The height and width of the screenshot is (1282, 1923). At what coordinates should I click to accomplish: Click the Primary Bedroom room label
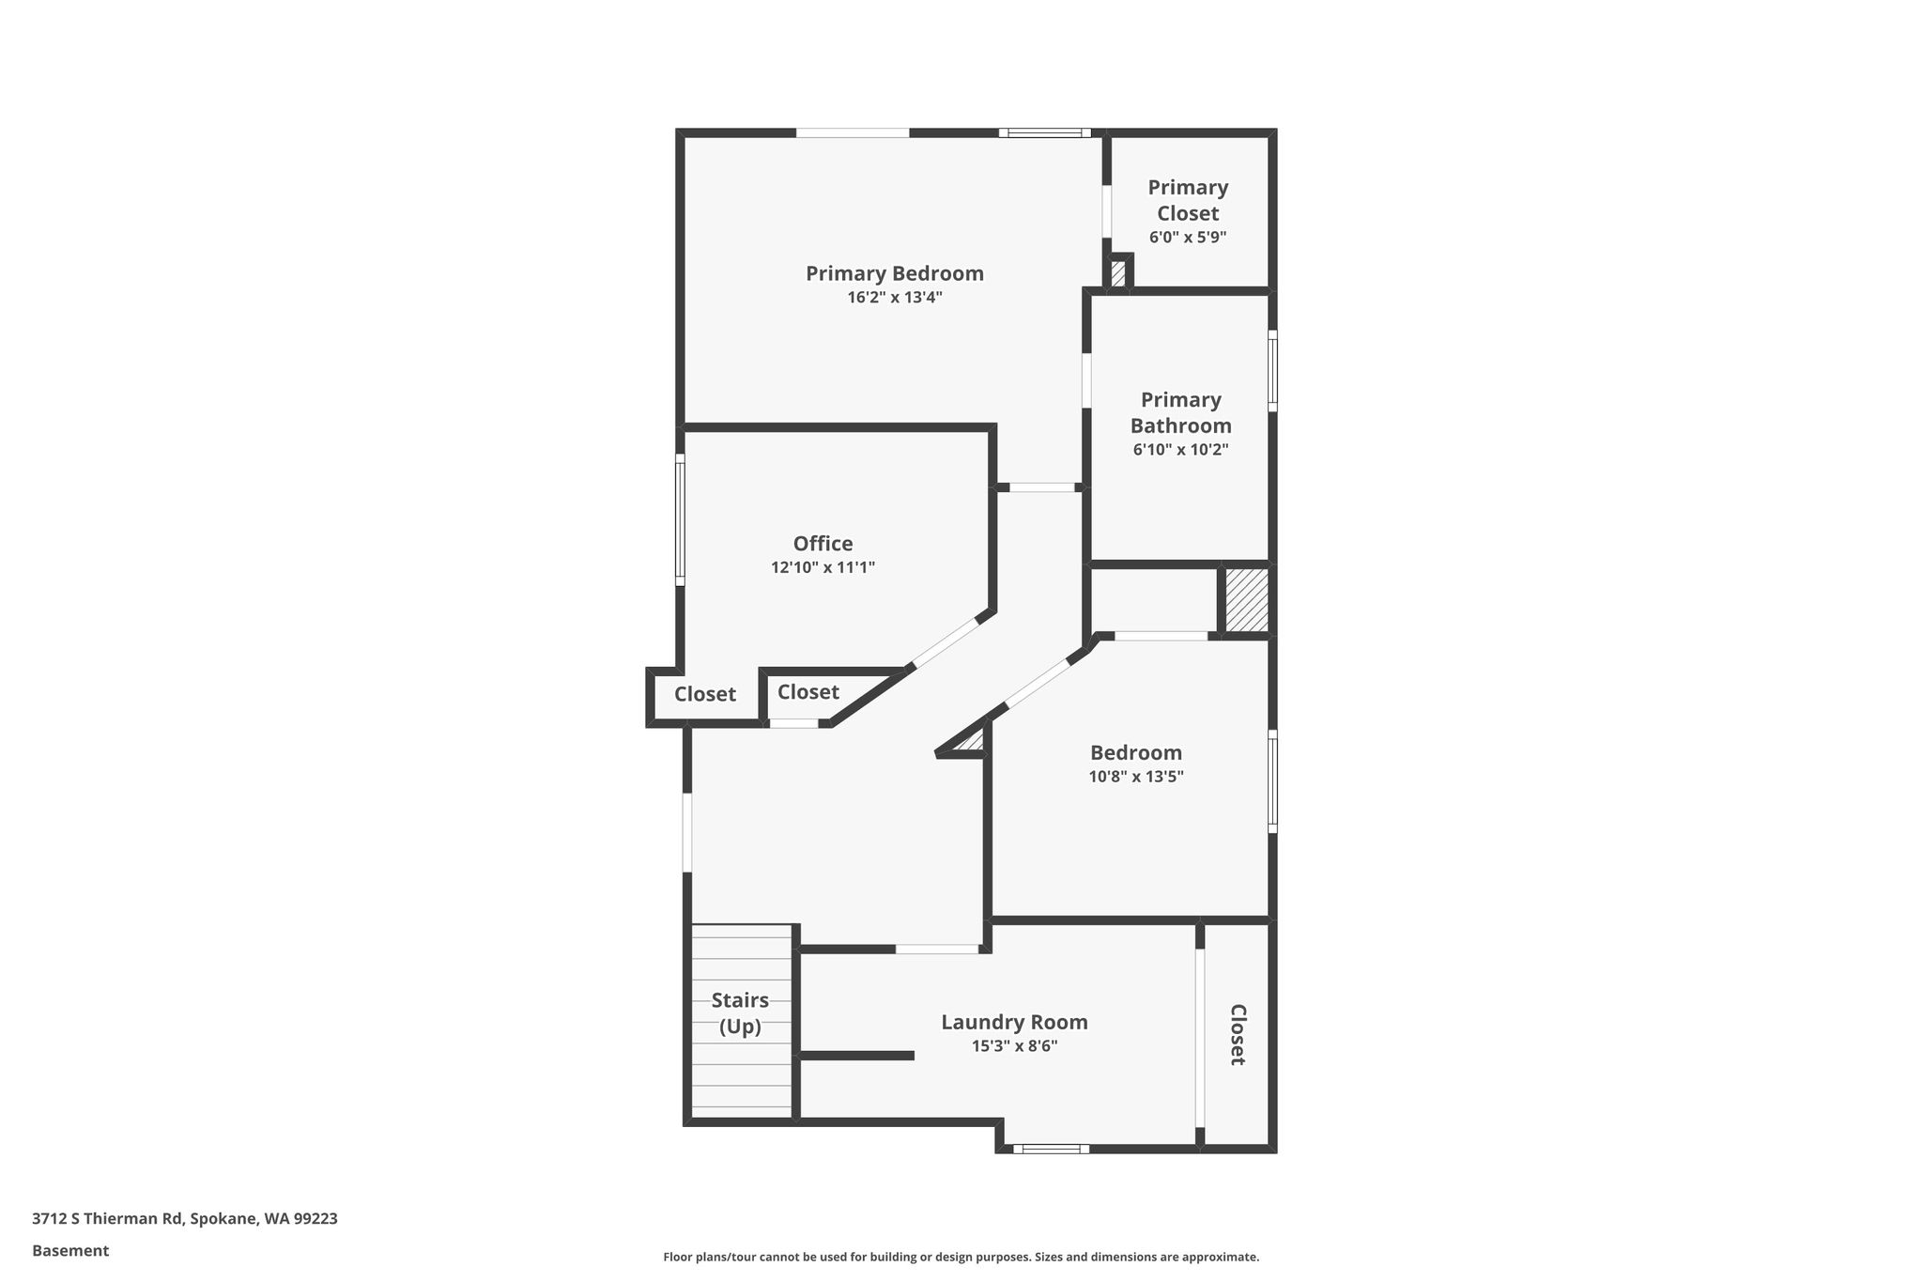coord(895,273)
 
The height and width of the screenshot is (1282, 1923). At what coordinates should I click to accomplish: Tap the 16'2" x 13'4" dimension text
coord(895,298)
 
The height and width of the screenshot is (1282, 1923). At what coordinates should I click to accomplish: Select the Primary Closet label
coord(1188,200)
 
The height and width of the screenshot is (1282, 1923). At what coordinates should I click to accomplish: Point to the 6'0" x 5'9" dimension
coord(1188,237)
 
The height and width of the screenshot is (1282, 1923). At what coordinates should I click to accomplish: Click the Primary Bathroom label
coord(1181,412)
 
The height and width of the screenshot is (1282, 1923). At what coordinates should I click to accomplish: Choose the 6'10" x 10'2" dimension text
coord(1181,450)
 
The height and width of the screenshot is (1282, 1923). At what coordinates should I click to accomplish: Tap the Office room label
coord(823,544)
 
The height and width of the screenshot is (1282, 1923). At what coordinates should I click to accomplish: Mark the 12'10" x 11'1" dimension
coord(823,567)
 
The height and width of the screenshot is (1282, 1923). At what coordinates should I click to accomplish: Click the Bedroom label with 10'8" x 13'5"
coord(1136,752)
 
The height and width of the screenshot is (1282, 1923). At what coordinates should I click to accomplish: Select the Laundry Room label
coord(1015,1022)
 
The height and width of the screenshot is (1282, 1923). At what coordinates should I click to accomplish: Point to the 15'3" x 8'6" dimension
coord(1015,1046)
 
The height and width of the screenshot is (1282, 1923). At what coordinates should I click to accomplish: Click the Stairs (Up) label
coord(740,1013)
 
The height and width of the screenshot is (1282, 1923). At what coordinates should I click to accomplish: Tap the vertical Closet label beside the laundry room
coord(1238,1035)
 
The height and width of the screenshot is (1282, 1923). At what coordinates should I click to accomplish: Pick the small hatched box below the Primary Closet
coord(1118,273)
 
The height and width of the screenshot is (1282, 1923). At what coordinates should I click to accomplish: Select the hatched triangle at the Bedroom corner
coord(972,741)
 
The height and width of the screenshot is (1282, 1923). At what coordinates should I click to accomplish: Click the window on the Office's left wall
coord(680,520)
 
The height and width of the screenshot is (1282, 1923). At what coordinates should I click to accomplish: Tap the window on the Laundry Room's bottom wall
coord(1051,1148)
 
